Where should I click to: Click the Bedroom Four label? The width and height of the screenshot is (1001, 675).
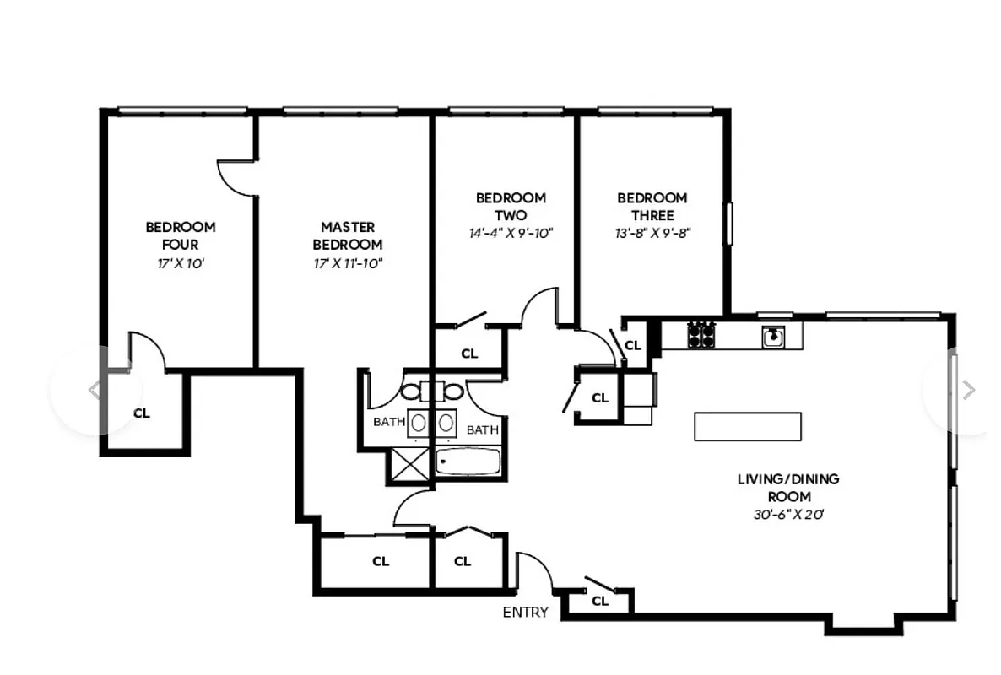pos(180,235)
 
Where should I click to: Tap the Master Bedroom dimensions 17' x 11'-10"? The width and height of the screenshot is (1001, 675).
pos(347,263)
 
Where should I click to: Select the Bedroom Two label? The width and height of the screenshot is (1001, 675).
pos(511,207)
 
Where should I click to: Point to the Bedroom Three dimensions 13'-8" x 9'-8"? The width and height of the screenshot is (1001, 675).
pos(652,234)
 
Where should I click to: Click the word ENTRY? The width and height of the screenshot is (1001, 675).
pos(525,613)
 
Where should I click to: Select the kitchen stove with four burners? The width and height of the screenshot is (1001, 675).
pos(701,335)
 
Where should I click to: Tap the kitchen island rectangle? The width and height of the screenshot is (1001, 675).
pos(747,426)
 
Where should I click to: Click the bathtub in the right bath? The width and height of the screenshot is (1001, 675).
pos(468,462)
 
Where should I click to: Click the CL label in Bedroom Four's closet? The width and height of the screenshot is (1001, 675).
pos(142,413)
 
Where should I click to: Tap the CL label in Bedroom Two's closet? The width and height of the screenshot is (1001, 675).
pos(469,354)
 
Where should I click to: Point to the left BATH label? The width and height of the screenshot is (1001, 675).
pos(389,422)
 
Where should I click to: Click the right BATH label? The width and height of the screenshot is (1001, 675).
pos(482,429)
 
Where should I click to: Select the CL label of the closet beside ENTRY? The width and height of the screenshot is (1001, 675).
pos(600,601)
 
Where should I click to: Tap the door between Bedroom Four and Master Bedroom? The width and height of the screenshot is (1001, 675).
pos(236,177)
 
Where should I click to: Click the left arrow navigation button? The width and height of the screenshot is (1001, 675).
pos(95,390)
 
